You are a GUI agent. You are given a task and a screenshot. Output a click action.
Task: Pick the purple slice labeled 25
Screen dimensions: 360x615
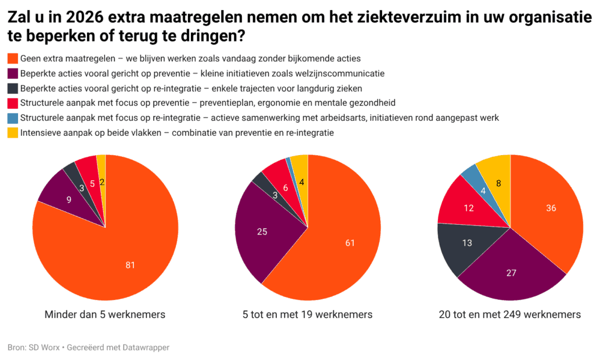click(262, 231)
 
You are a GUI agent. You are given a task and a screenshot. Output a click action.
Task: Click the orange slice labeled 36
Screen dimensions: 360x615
click(551, 209)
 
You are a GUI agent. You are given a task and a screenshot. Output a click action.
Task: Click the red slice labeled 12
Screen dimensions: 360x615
click(469, 208)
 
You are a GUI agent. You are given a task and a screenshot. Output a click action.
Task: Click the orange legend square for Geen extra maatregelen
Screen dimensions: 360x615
click(12, 59)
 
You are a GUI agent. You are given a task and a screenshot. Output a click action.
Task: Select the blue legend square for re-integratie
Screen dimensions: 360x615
click(12, 118)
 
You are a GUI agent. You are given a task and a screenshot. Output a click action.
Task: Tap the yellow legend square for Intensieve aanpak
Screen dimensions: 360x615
click(12, 132)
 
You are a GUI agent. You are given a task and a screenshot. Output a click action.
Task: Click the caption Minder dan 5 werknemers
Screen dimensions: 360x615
click(105, 314)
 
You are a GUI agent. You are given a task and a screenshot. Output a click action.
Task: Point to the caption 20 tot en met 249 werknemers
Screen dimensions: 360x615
click(510, 314)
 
